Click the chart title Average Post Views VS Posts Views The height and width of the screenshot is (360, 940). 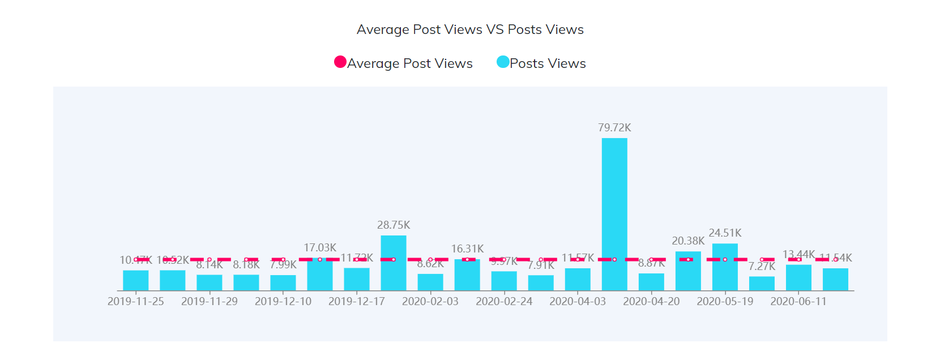[470, 29]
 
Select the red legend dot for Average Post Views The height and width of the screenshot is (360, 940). [340, 62]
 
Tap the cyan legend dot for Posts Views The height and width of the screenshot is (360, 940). [502, 62]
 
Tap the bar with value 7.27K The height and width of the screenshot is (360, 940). [762, 284]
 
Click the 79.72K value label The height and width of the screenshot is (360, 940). [614, 128]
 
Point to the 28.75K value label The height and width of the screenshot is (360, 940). [394, 225]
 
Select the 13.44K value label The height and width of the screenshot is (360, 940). [798, 254]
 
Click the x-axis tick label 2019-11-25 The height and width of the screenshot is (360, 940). [136, 301]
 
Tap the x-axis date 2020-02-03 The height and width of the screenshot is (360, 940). [430, 301]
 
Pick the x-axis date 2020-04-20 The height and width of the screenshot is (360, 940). [651, 301]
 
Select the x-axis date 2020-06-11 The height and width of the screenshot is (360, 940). [798, 301]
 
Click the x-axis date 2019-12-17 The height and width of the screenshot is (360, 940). [357, 301]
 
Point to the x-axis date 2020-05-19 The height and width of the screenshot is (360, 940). [725, 301]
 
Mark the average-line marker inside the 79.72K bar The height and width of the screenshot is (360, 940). [614, 259]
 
